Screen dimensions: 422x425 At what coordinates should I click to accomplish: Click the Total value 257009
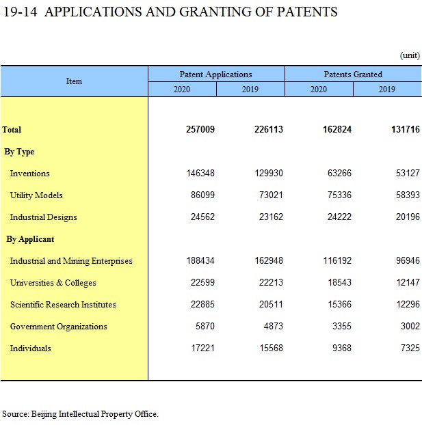click(x=200, y=129)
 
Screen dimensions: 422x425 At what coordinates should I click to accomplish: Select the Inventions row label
click(x=30, y=173)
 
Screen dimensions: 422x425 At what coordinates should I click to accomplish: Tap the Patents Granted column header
click(x=353, y=74)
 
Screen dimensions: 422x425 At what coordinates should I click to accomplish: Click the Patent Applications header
click(x=215, y=74)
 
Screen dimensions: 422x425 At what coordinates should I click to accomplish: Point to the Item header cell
click(x=74, y=81)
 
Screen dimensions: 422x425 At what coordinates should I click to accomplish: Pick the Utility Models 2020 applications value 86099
click(x=202, y=195)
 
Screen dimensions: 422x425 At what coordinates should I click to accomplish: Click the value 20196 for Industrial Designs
click(x=408, y=217)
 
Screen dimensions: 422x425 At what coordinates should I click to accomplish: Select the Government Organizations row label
click(x=59, y=327)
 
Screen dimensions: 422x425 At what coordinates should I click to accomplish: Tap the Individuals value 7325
click(x=410, y=348)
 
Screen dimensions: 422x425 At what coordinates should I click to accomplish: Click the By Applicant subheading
click(x=30, y=239)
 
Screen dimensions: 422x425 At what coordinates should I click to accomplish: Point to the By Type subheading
click(x=19, y=152)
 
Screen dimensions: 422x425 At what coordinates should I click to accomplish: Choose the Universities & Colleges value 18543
click(x=339, y=282)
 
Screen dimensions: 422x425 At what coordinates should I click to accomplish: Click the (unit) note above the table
click(x=410, y=55)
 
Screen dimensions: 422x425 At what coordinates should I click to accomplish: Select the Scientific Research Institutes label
click(x=63, y=304)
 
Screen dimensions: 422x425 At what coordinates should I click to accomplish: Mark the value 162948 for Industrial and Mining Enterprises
click(x=269, y=260)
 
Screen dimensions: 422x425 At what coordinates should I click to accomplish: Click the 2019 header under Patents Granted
click(x=387, y=90)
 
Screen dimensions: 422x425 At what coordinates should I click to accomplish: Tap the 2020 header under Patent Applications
click(x=182, y=90)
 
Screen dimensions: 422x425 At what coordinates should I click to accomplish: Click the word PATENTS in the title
click(x=307, y=12)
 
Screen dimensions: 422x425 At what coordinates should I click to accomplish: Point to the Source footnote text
click(x=80, y=414)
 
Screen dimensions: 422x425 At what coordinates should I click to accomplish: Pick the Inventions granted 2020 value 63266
click(x=339, y=173)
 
